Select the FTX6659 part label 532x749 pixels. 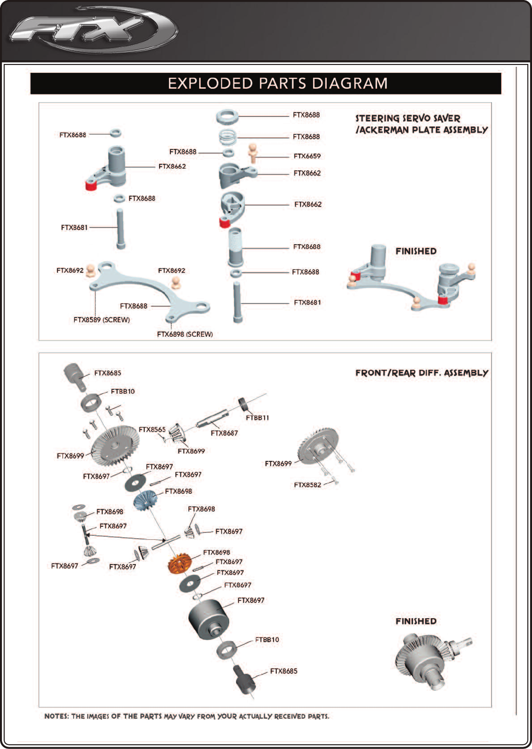coord(307,156)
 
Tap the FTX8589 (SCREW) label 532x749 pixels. coord(101,320)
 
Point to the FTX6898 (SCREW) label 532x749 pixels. coord(185,334)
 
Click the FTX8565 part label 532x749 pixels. coord(152,430)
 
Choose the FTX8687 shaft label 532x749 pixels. coord(224,433)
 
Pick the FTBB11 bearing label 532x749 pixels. coord(257,418)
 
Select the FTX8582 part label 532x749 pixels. coord(307,485)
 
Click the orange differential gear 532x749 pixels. coord(180,564)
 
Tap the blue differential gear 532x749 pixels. coord(147,501)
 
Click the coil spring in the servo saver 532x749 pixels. coord(228,137)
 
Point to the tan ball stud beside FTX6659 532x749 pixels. coord(253,151)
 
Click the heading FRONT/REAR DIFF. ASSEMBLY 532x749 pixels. coord(421,373)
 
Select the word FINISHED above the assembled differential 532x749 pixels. coord(416,622)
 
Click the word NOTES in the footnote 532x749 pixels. coord(56,716)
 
